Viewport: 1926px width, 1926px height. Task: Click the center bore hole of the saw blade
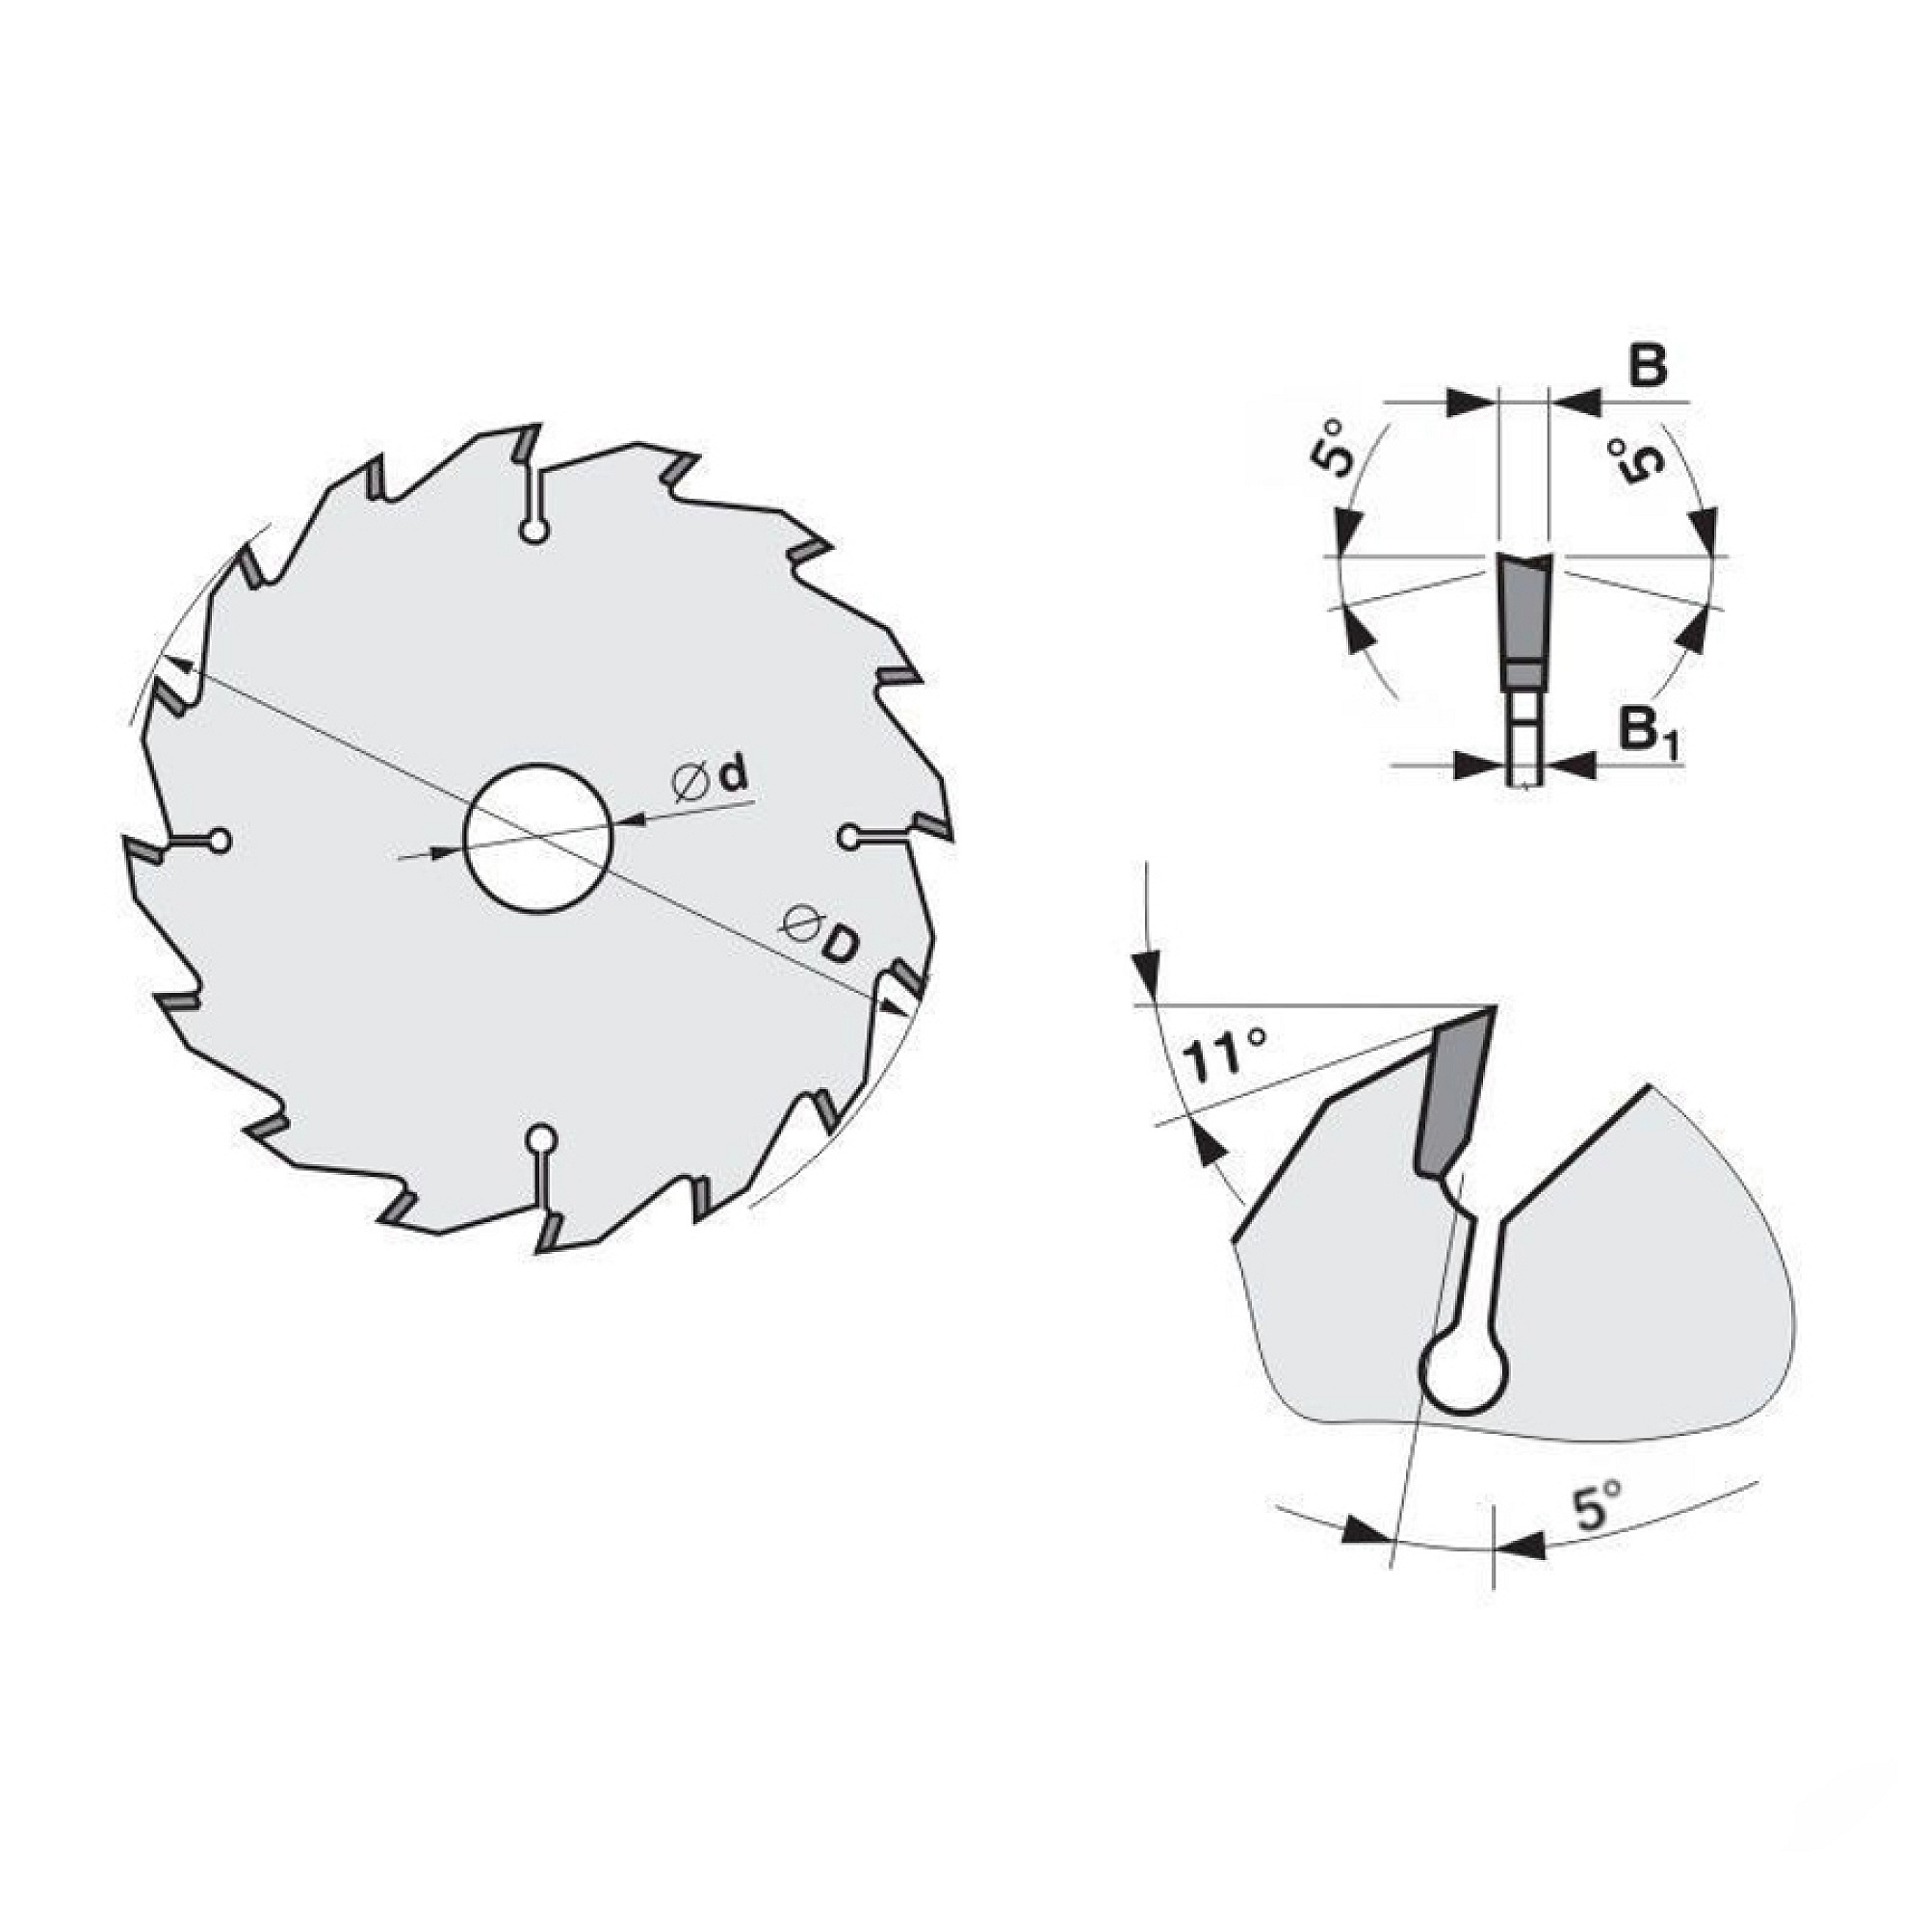(537, 838)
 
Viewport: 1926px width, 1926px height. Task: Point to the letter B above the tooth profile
(1649, 368)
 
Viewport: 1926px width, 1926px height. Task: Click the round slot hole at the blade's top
(535, 532)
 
